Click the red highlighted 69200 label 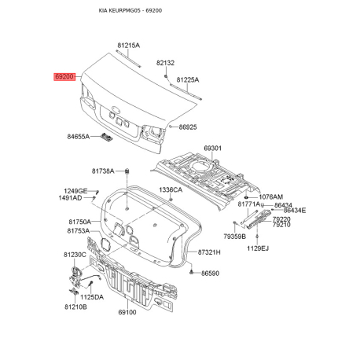click(x=64, y=77)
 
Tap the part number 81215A click(x=128, y=46)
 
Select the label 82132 click(x=165, y=63)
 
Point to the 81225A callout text click(x=188, y=79)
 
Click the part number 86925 click(x=188, y=127)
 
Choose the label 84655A click(x=79, y=137)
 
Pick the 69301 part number click(x=212, y=149)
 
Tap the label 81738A click(x=103, y=171)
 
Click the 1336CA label click(x=171, y=189)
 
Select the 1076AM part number click(x=271, y=197)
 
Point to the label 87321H click(x=209, y=252)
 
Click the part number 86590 click(x=210, y=274)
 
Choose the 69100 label click(x=127, y=312)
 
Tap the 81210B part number click(x=75, y=307)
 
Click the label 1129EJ click(x=258, y=248)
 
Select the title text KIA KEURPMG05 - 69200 click(x=130, y=10)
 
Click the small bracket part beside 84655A click(x=106, y=137)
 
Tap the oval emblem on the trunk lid click(x=116, y=109)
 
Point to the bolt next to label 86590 click(x=192, y=272)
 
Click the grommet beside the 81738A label click(x=127, y=171)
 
